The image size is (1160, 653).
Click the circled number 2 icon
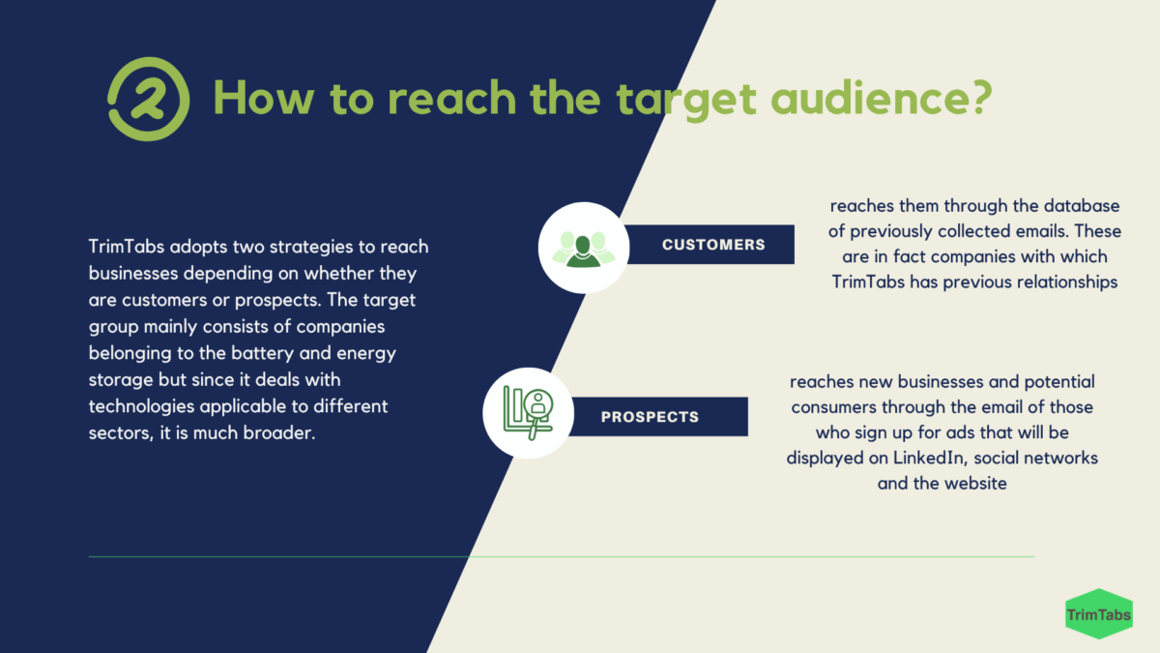(149, 99)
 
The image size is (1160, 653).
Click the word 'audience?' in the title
(882, 98)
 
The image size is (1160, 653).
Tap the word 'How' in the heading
(264, 98)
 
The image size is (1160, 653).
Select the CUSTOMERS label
(713, 245)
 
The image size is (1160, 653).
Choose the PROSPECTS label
(650, 417)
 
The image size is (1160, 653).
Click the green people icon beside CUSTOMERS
(584, 249)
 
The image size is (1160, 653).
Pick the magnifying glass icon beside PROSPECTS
(528, 413)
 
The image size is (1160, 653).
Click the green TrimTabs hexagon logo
(1099, 614)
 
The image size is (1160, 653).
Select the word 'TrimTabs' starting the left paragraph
(127, 247)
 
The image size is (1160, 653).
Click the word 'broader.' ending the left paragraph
(279, 432)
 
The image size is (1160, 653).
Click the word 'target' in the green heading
(686, 100)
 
